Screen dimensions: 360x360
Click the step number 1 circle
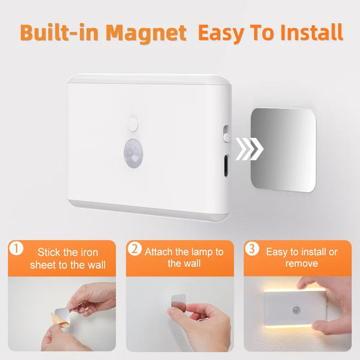[x=16, y=249]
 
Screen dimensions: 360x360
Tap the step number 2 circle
[x=134, y=249]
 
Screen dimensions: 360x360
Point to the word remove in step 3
[x=303, y=264]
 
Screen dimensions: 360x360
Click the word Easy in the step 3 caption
[x=278, y=252]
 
